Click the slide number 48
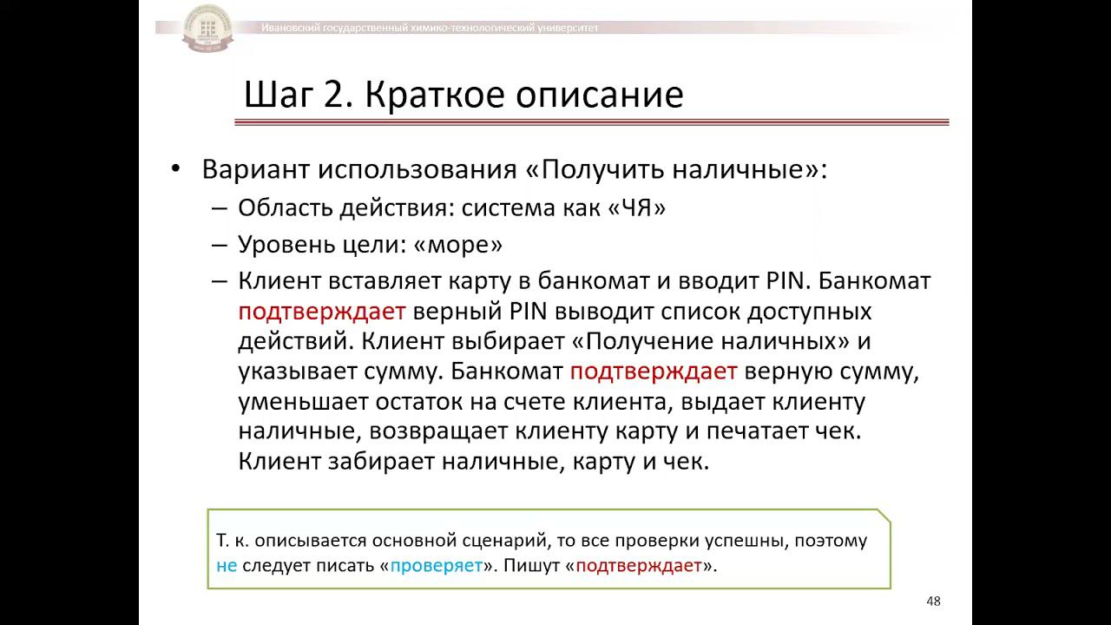click(934, 602)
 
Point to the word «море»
click(458, 245)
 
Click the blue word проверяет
click(436, 567)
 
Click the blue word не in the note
click(227, 567)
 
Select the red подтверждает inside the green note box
click(638, 567)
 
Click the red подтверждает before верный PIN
click(323, 312)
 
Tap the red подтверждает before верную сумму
click(654, 372)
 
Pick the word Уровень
click(285, 245)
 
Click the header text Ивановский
click(290, 29)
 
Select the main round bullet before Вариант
click(177, 168)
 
